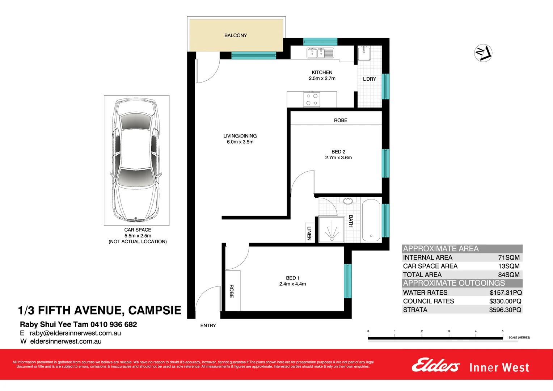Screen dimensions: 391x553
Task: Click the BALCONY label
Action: [235, 35]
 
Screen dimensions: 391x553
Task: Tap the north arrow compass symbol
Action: [483, 53]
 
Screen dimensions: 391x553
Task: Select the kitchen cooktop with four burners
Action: [312, 100]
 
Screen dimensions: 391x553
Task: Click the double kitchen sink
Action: [320, 53]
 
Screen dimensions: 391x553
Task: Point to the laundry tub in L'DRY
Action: [364, 54]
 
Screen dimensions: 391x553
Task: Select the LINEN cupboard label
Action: [309, 233]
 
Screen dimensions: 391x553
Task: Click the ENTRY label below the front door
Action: [208, 325]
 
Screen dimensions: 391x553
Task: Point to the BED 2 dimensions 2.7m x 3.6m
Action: [338, 157]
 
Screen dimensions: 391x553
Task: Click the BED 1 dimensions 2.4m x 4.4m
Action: [292, 284]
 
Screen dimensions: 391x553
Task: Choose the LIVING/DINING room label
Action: [240, 136]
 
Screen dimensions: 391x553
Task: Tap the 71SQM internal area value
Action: [508, 257]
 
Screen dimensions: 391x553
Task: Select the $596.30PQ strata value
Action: [505, 310]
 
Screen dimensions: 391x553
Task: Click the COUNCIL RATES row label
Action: [429, 301]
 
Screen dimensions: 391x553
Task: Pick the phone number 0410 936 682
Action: [114, 324]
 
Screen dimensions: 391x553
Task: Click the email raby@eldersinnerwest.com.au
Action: [75, 333]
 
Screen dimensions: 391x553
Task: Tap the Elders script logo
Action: [435, 365]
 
